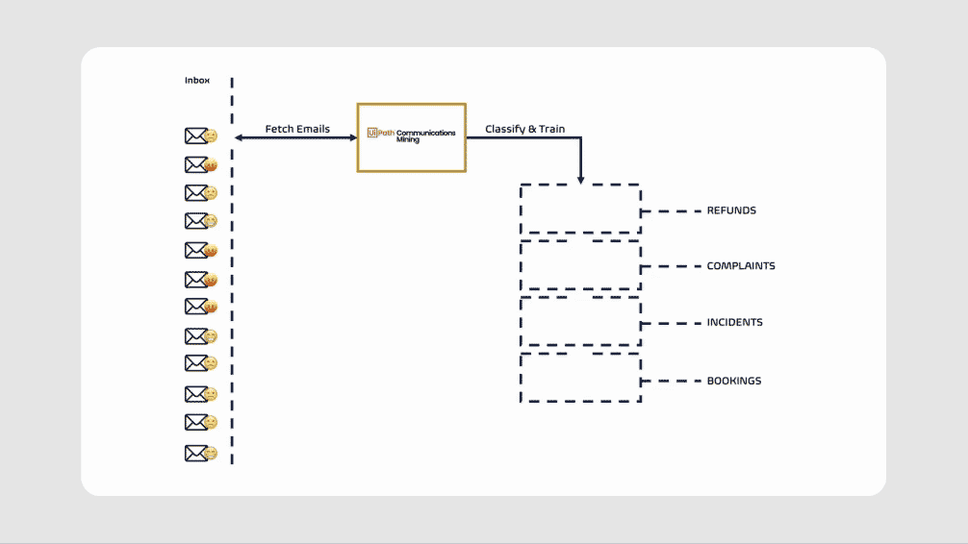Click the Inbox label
[x=197, y=81]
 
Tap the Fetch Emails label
[x=297, y=129]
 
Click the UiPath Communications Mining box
[x=412, y=137]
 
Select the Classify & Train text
[x=524, y=129]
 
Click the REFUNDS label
[x=731, y=210]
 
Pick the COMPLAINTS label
[x=741, y=266]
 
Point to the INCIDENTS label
[x=734, y=323]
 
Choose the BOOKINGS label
[x=734, y=382]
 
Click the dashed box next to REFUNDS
[x=580, y=209]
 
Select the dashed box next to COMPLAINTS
[x=580, y=265]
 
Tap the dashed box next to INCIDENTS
[x=580, y=322]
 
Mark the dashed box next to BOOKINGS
[x=580, y=379]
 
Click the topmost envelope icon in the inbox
[x=196, y=136]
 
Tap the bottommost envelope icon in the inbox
[x=196, y=453]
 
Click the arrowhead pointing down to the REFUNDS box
[x=580, y=179]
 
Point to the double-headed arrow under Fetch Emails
[x=296, y=138]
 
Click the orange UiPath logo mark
[x=372, y=134]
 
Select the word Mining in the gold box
[x=407, y=140]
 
